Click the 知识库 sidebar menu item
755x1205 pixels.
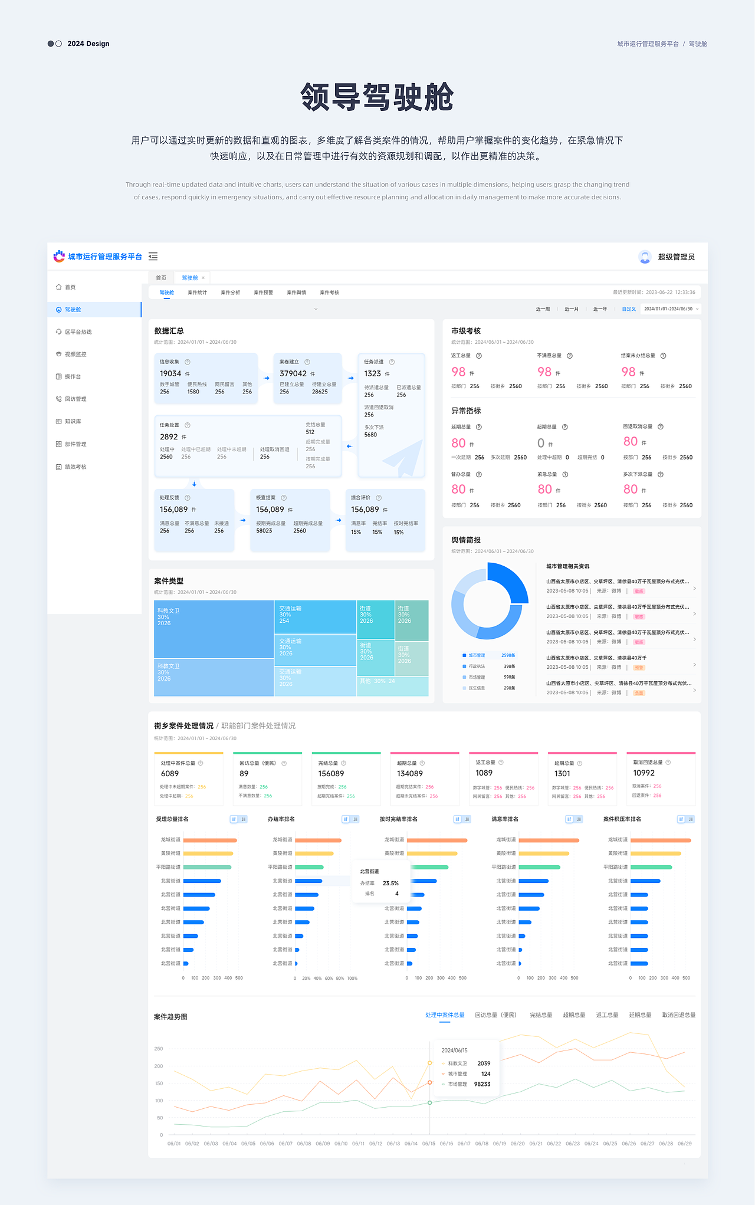(73, 422)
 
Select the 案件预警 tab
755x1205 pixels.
(263, 293)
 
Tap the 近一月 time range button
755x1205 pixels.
(571, 309)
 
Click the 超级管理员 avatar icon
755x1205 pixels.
(645, 257)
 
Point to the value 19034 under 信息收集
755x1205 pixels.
(170, 374)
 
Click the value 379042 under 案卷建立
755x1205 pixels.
(293, 374)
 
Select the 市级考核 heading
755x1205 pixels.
(466, 331)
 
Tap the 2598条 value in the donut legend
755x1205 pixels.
(508, 655)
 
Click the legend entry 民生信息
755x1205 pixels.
(477, 688)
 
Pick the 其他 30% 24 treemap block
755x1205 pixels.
(377, 681)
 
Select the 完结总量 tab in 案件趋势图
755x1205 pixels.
(541, 1015)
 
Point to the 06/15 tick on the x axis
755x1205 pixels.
(429, 1144)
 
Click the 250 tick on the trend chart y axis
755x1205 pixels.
(159, 1049)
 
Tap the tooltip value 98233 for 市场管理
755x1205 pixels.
(482, 1084)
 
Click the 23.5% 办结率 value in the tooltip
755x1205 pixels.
(390, 884)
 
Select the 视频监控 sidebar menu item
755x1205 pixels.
(75, 354)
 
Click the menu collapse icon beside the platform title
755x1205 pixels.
(153, 257)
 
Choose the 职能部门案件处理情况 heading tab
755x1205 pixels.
(258, 726)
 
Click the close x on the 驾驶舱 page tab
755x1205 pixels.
(203, 278)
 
